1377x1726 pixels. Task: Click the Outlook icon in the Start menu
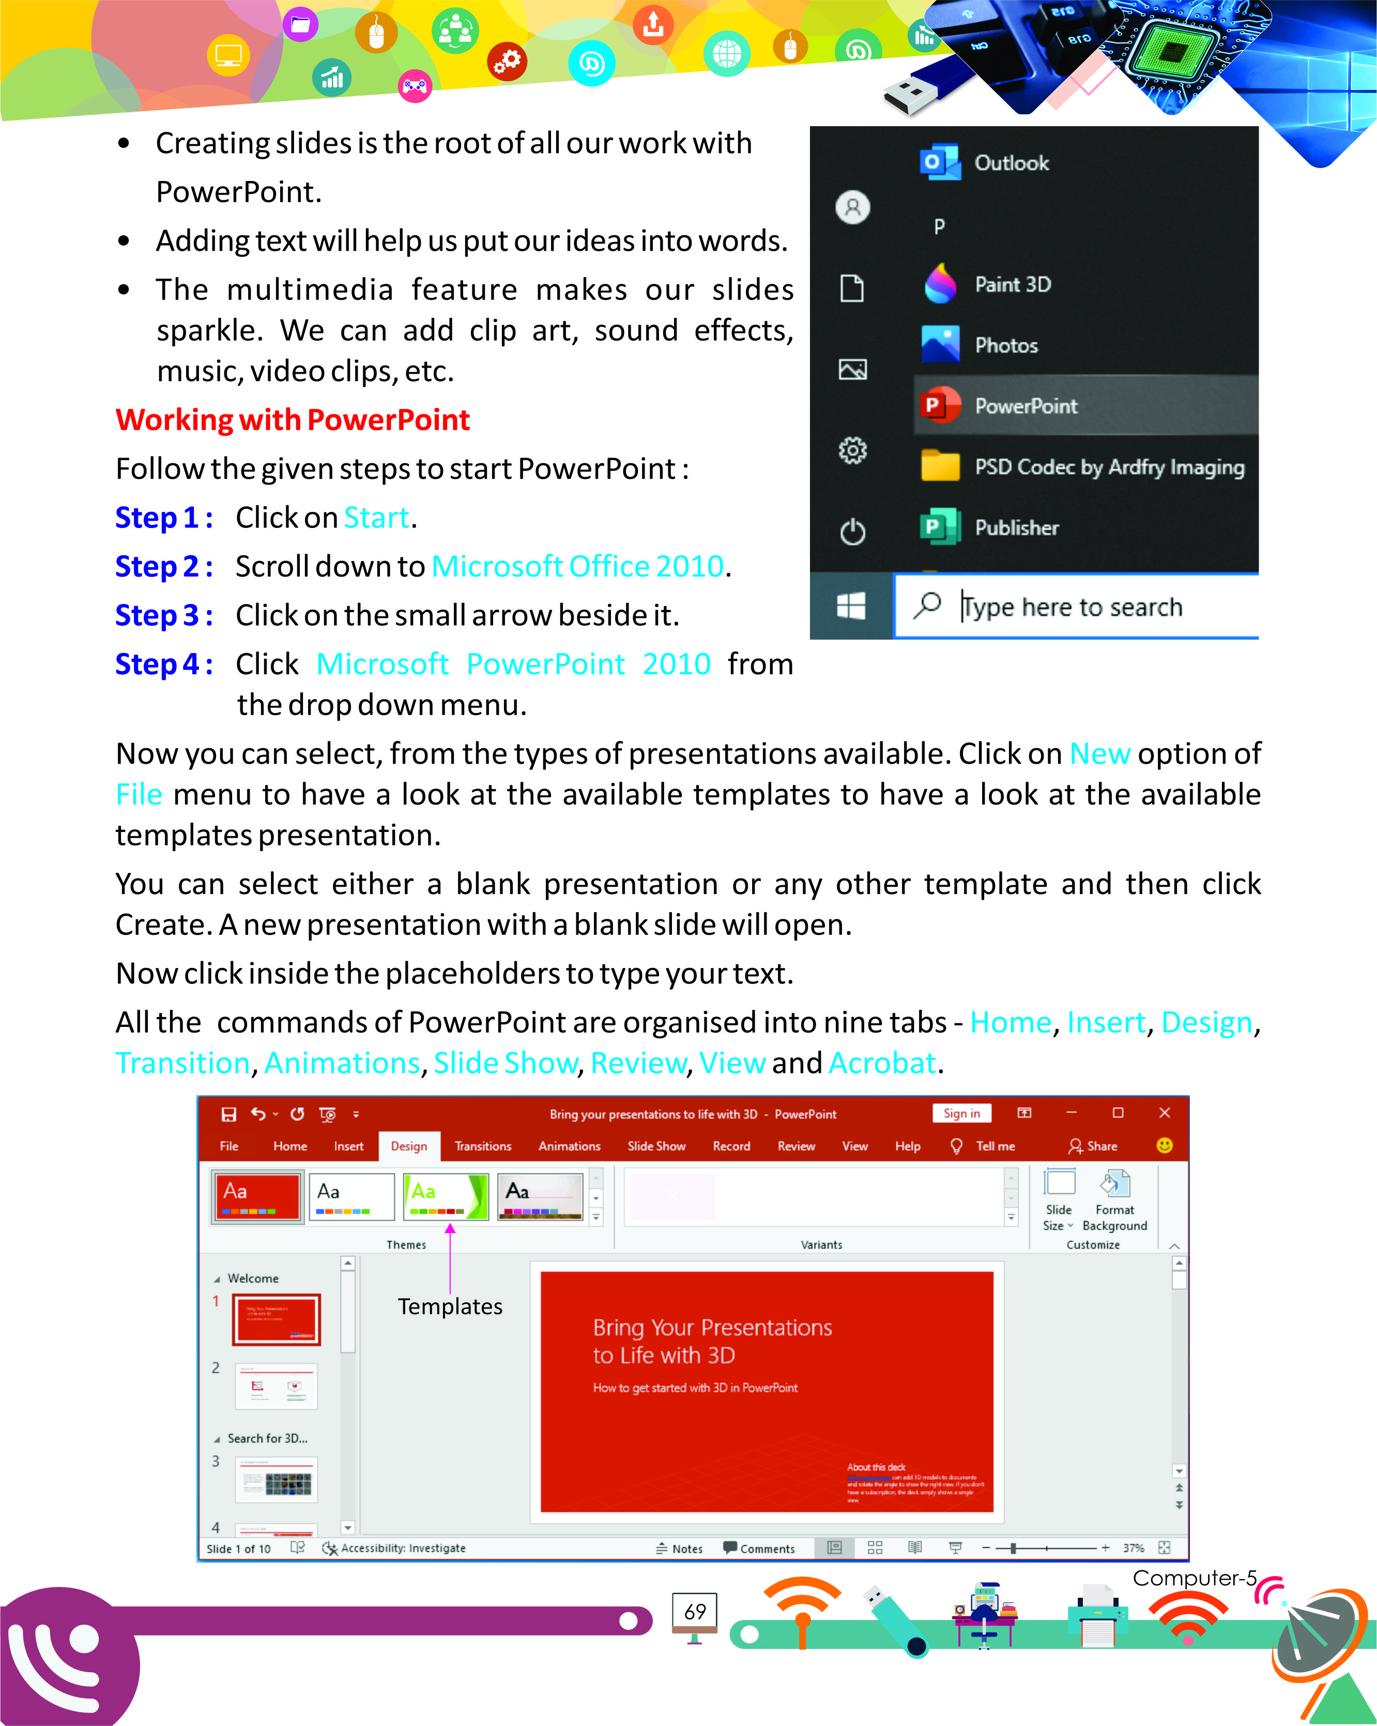coord(939,162)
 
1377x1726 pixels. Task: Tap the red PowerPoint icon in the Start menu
coord(939,406)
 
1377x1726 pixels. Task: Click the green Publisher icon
coord(939,527)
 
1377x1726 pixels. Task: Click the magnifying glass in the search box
coord(927,605)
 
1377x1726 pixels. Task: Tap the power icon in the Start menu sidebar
coord(852,532)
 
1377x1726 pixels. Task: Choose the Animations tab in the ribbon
coord(569,1146)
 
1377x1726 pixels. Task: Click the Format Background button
coord(1114,1200)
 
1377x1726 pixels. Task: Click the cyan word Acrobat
coord(882,1063)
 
